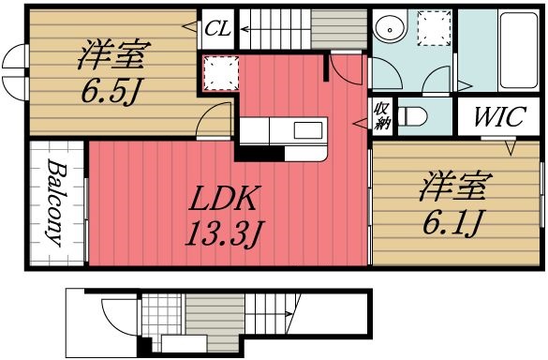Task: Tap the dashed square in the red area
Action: point(217,72)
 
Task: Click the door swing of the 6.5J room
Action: point(217,119)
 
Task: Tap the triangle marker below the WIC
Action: point(512,147)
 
